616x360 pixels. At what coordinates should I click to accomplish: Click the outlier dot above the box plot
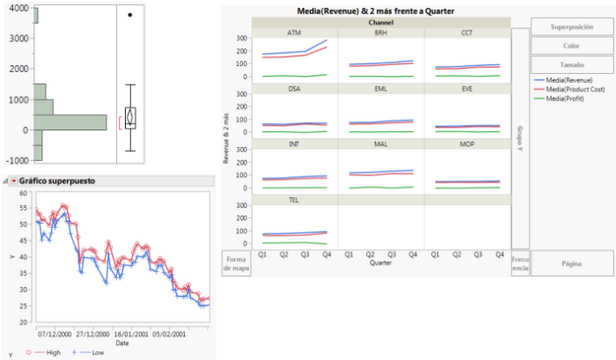point(130,15)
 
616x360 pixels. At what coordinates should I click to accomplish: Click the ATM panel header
point(293,33)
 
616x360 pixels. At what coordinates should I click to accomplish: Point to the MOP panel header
point(466,144)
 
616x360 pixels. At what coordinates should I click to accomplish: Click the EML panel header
point(380,89)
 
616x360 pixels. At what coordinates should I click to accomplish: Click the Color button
point(571,46)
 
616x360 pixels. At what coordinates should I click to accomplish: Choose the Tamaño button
point(571,64)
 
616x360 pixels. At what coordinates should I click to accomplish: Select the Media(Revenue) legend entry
point(576,80)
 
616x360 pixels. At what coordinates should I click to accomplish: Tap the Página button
point(571,262)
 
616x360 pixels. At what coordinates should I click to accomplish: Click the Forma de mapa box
point(235,262)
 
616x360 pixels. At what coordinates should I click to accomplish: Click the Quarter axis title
point(380,262)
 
